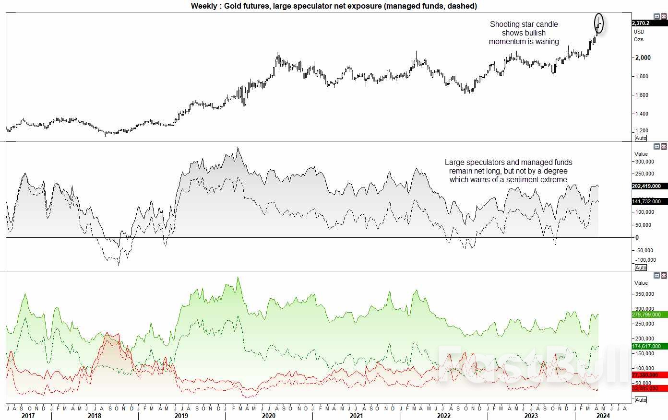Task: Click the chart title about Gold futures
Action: [x=334, y=6]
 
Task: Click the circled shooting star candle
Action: [x=598, y=23]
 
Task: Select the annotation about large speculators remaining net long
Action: [x=508, y=171]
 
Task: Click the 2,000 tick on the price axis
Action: [x=643, y=58]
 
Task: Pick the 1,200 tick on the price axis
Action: [x=642, y=130]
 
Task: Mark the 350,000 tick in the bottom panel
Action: [x=644, y=294]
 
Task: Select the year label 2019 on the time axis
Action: [x=181, y=416]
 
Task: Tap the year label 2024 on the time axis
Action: [x=603, y=416]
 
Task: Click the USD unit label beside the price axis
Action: [x=639, y=32]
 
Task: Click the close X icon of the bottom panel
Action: [x=664, y=276]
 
